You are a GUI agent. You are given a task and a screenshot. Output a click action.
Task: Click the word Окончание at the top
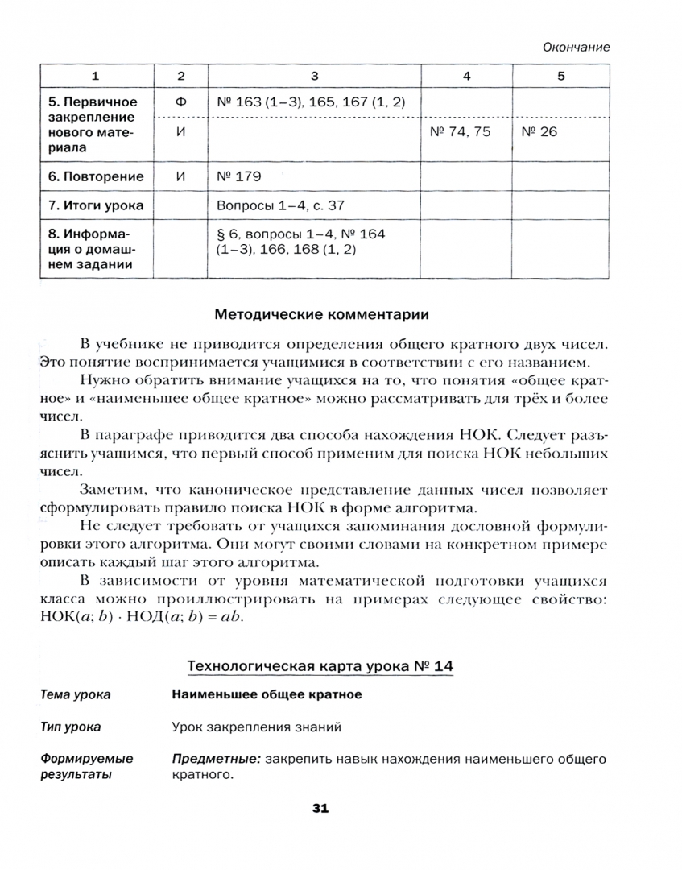point(576,47)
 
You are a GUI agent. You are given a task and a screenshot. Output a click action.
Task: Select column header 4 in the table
point(466,76)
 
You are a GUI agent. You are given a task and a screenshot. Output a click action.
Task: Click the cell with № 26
point(539,132)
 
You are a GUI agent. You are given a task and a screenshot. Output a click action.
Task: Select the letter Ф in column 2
point(180,102)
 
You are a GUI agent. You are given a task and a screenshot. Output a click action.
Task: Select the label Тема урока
point(76,694)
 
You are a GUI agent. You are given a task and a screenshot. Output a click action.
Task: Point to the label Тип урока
point(71,727)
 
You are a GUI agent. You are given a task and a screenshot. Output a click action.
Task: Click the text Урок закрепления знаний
point(257,727)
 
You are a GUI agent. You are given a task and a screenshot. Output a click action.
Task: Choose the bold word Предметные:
point(216,759)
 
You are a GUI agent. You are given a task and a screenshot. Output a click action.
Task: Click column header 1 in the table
point(96,76)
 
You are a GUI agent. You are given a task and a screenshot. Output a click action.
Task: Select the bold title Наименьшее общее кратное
point(267,694)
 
